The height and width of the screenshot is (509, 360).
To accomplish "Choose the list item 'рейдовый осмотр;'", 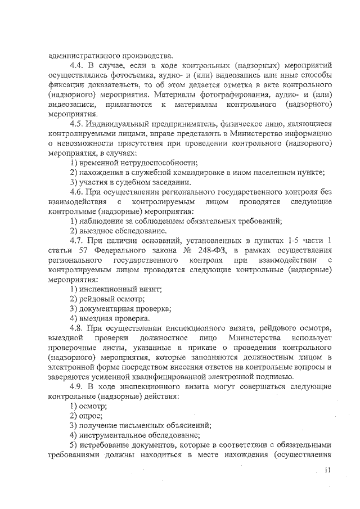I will (107, 299).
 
